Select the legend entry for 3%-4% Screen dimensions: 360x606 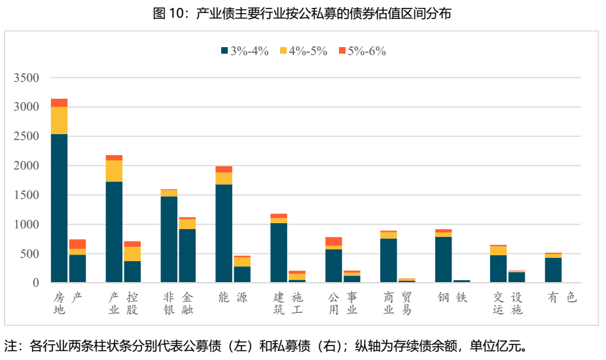pos(245,51)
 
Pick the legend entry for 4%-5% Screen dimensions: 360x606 pos(303,51)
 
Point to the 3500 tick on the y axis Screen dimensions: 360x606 pos(27,78)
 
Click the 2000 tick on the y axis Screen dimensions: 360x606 pos(27,166)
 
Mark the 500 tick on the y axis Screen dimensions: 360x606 pos(30,253)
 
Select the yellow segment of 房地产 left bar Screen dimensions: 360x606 pos(59,120)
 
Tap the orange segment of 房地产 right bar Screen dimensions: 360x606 pos(77,244)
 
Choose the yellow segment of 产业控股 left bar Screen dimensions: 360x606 pos(114,171)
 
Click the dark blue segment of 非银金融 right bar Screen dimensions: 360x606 pos(187,255)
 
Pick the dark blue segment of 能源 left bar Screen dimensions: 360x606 pos(224,233)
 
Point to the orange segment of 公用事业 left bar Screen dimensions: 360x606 pos(334,241)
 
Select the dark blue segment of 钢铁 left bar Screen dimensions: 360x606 pos(443,259)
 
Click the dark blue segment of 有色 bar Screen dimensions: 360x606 pos(553,270)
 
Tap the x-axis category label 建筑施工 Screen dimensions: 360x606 pos(289,303)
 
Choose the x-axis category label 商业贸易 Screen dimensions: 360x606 pos(398,303)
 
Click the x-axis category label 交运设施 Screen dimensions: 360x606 pos(508,303)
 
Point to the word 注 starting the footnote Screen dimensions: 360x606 pos(10,345)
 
